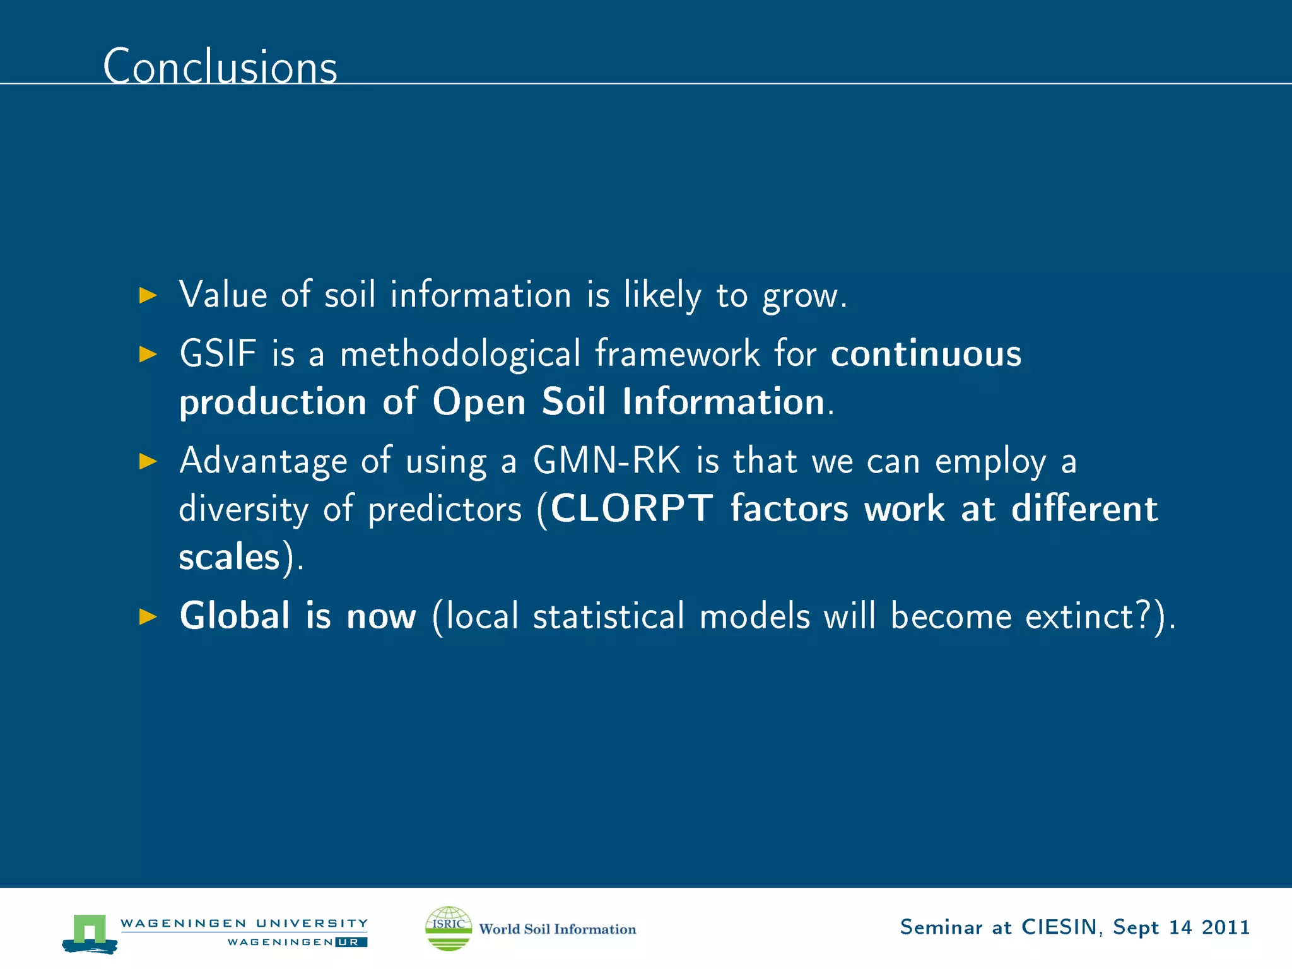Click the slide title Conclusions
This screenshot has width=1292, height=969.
220,66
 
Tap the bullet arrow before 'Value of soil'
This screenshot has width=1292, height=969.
148,295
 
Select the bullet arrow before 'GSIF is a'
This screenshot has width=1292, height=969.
148,354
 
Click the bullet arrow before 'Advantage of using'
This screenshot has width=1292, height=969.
148,461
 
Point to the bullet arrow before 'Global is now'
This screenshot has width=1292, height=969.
148,616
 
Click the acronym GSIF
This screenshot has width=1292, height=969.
218,353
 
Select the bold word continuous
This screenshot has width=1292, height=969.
925,353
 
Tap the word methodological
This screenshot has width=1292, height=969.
460,353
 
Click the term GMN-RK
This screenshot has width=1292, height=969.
607,461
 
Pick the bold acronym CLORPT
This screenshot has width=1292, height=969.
632,508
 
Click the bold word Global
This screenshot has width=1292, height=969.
235,616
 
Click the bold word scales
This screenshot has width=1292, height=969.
229,557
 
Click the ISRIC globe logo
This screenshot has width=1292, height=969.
449,928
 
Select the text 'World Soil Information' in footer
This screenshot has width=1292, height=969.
558,929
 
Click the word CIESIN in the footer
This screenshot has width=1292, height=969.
1059,927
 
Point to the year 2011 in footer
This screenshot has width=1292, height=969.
1225,927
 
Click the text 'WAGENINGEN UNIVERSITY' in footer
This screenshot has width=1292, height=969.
244,923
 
